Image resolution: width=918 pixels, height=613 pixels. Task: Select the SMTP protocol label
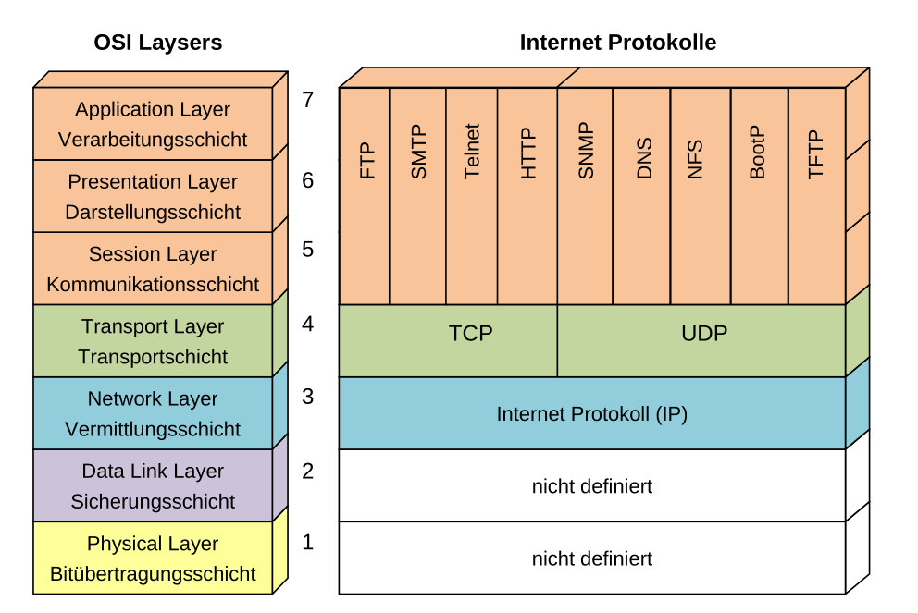(x=418, y=153)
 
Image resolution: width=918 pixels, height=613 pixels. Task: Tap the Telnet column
(x=472, y=196)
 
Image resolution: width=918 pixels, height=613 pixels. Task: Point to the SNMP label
(x=585, y=152)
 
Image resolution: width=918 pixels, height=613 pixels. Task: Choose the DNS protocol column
(x=642, y=196)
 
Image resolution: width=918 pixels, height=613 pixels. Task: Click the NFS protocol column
(x=701, y=196)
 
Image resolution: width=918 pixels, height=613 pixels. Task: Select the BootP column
(x=760, y=196)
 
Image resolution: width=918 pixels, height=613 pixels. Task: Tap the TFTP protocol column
(x=816, y=196)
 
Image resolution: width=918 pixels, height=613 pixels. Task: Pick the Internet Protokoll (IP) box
(x=592, y=413)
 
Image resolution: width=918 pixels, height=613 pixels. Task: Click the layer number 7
(x=308, y=100)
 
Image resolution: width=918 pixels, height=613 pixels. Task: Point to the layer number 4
(x=308, y=325)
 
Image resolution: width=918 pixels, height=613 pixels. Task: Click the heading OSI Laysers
(x=158, y=43)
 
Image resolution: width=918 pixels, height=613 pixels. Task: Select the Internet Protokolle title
(x=618, y=43)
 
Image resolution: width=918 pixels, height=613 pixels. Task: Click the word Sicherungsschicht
(x=153, y=502)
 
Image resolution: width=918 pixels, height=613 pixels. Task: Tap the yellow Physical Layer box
(x=153, y=558)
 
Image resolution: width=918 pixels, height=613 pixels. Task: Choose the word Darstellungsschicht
(x=153, y=213)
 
